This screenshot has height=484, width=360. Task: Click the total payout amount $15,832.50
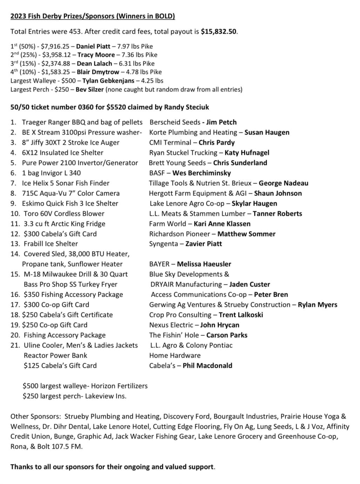pos(219,32)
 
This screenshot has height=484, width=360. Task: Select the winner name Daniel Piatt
pos(93,46)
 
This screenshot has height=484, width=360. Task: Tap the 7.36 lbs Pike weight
pos(139,55)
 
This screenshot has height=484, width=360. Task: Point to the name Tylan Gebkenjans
pos(108,81)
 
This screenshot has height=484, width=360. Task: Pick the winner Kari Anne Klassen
pos(222,224)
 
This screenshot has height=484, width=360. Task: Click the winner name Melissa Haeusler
pos(204,264)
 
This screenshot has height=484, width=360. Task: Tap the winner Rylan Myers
pos(317,305)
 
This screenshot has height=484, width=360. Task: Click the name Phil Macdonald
pos(207,366)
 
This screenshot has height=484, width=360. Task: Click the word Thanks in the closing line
pos(22,467)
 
